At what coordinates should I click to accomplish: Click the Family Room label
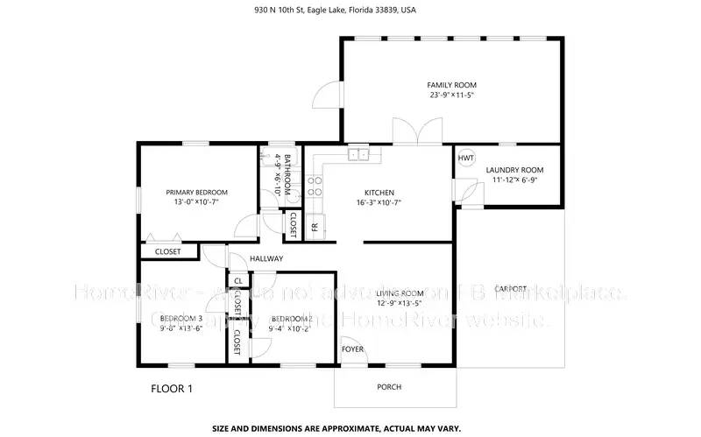click(x=451, y=85)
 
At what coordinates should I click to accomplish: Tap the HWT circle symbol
click(x=465, y=159)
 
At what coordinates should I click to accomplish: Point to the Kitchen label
click(x=379, y=193)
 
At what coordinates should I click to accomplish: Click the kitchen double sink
click(x=358, y=154)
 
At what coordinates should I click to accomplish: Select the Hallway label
click(x=266, y=259)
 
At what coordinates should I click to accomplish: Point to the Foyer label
click(x=352, y=349)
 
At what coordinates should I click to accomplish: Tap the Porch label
click(x=389, y=386)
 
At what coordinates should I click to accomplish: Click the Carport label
click(x=511, y=288)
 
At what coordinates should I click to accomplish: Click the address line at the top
click(x=350, y=11)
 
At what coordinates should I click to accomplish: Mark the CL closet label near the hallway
click(x=237, y=281)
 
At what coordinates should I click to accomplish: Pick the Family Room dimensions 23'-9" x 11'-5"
click(x=451, y=95)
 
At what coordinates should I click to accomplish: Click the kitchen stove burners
click(x=315, y=185)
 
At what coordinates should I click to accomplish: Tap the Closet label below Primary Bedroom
click(x=167, y=251)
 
